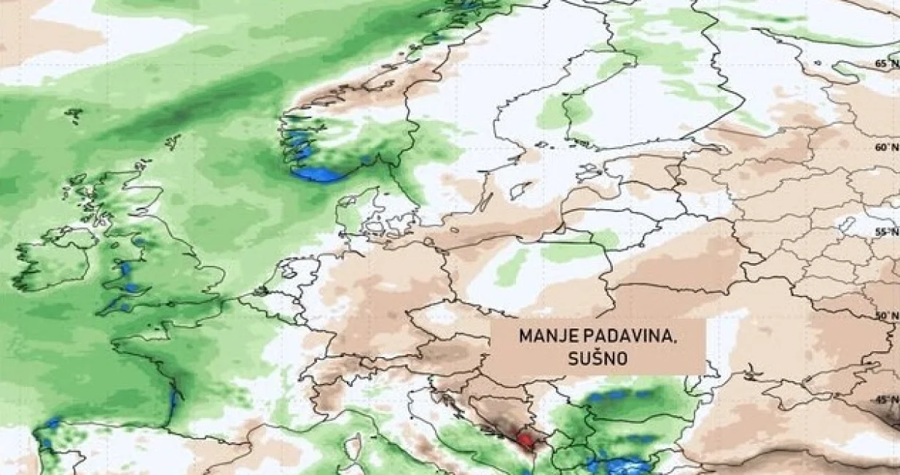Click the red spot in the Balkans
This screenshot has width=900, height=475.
click(x=524, y=439)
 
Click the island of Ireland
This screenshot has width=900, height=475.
click(x=55, y=259)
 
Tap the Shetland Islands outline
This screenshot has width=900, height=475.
click(x=173, y=141)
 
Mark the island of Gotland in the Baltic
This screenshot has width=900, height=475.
click(x=519, y=190)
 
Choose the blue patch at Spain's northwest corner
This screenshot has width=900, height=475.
click(x=51, y=424)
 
